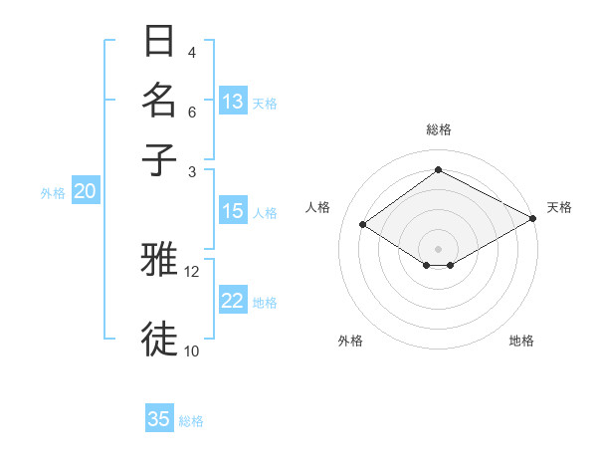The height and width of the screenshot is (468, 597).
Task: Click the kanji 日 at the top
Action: tap(159, 42)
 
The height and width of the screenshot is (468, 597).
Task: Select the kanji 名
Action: tap(159, 101)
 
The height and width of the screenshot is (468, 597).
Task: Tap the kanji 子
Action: tap(159, 159)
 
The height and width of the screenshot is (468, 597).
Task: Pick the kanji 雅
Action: tap(159, 260)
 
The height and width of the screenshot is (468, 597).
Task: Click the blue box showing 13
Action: tap(233, 102)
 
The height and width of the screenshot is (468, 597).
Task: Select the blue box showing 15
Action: tap(233, 211)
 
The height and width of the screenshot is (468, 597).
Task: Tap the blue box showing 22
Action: tap(233, 301)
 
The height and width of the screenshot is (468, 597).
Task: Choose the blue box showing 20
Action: tap(85, 192)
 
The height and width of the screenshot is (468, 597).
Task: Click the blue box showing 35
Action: tap(159, 419)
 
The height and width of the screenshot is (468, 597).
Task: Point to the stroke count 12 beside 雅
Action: tap(192, 271)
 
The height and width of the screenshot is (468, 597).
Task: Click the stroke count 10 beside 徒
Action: tap(192, 351)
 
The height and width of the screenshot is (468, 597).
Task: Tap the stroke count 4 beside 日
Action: tap(192, 52)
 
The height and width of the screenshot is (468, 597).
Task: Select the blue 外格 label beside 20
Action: tap(53, 193)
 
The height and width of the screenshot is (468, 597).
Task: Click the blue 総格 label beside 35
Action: tap(191, 420)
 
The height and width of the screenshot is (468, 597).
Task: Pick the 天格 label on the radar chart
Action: tap(559, 207)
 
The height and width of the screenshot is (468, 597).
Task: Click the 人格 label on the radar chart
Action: tap(318, 207)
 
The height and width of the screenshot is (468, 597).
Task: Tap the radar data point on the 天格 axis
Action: tap(532, 217)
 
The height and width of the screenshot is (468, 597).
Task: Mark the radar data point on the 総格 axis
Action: tap(438, 170)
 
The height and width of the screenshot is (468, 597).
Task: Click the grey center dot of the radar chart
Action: tap(438, 248)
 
